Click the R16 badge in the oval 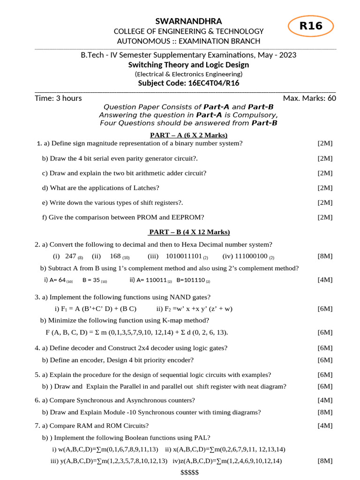pos(311,26)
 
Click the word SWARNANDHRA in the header pos(189,21)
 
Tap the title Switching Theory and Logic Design pos(189,65)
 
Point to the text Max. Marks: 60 pos(309,98)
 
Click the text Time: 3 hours pos(58,98)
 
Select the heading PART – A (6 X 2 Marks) pos(189,135)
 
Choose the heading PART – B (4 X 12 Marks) pos(189,232)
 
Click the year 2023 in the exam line pos(287,55)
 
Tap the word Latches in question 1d pos(144,187)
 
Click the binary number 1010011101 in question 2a pos(184,256)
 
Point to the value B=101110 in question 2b pos(191,280)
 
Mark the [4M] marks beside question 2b pos(325,280)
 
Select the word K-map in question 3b pos(174,321)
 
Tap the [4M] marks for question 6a pos(325,400)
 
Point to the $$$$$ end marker pos(189,472)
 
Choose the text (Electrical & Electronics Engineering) pos(189,74)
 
